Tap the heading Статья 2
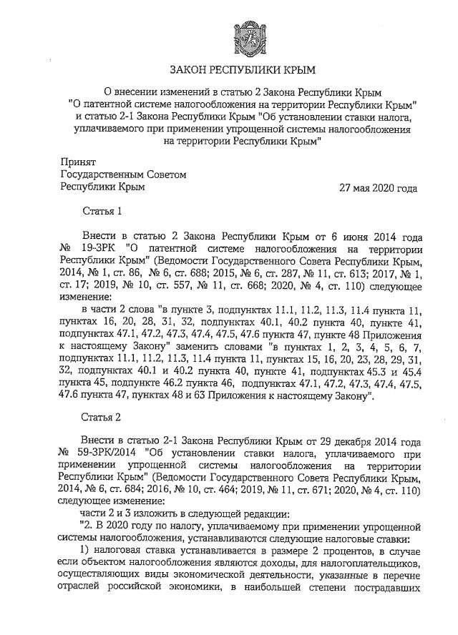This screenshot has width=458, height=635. pos(103,415)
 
